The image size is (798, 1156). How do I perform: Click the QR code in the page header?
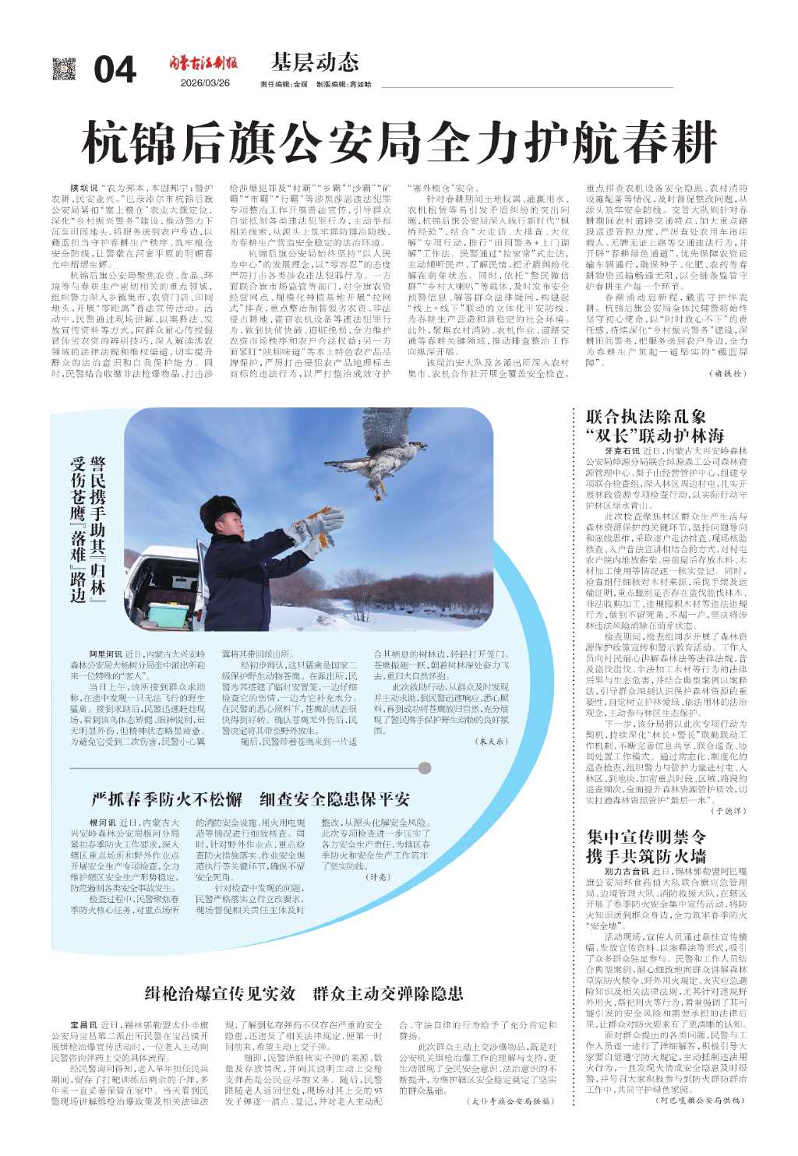(65, 69)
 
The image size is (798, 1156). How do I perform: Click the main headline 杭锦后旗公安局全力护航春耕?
(399, 143)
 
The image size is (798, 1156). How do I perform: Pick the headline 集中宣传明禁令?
(646, 837)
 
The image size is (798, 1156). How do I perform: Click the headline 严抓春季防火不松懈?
(168, 799)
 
